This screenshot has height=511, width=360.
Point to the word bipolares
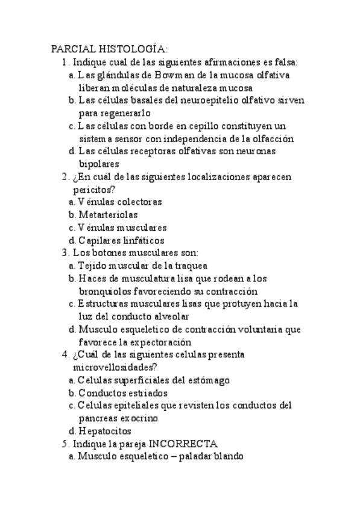pos(99,164)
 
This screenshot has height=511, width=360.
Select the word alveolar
pos(172,316)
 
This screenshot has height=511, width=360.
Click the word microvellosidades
pos(115,367)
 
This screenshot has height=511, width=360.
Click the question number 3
pos(65,253)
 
